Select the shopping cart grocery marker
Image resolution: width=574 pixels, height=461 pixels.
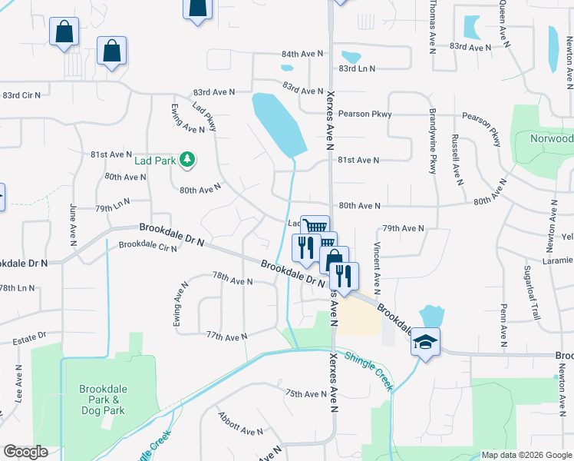pyautogui.click(x=315, y=227)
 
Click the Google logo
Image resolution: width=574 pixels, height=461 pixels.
pyautogui.click(x=26, y=452)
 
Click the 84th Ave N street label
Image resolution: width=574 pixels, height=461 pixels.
pyautogui.click(x=302, y=55)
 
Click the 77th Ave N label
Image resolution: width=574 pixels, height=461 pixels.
pyautogui.click(x=226, y=337)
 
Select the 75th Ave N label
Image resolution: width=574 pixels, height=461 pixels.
pyautogui.click(x=306, y=394)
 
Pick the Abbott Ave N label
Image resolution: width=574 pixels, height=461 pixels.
pyautogui.click(x=240, y=426)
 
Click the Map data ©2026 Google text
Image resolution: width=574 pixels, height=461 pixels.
pyautogui.click(x=526, y=455)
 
